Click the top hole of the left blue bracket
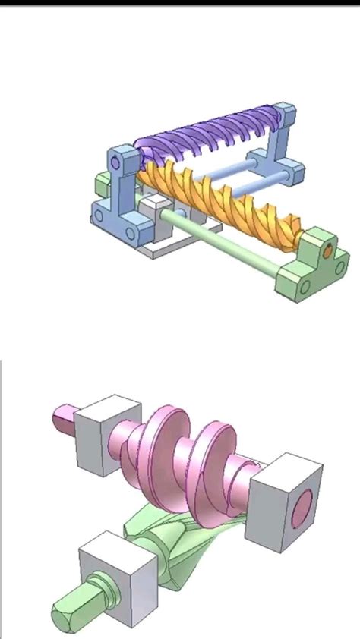pos(115,162)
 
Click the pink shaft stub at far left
pos(62,418)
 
